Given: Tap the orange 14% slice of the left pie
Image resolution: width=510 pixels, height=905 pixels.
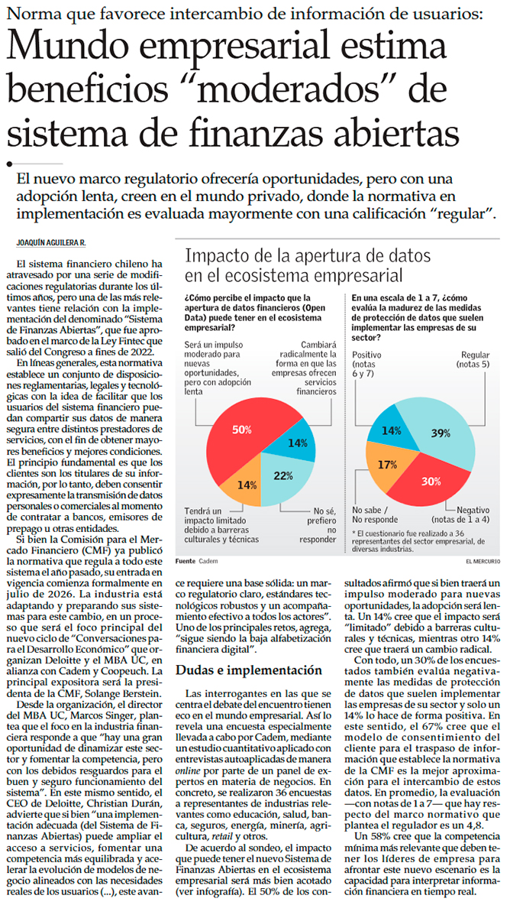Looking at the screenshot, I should pos(247,484).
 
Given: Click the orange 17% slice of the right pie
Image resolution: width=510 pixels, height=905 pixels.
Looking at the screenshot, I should pos(388,465).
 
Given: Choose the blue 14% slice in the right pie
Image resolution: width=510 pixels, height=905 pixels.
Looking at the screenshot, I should pos(392,431).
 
